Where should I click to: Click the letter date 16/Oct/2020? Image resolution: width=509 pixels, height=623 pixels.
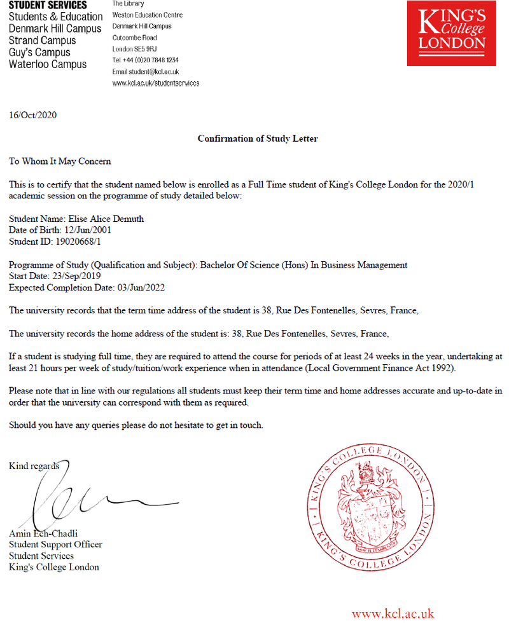pos(33,115)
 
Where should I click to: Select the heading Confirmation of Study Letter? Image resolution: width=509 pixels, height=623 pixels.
pos(257,138)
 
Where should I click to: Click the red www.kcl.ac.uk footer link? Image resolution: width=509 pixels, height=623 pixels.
pos(393,613)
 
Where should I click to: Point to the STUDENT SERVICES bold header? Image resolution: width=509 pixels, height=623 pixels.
pos(48,5)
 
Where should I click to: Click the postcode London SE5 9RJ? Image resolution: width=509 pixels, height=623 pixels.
pos(134,49)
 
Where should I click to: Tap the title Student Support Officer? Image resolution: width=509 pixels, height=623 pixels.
pos(55,544)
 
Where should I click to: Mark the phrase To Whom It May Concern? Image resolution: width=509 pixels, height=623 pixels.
pos(60,161)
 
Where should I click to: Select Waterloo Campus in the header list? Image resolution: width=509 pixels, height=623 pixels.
pos(48,64)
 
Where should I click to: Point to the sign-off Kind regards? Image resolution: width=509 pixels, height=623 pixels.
pos(34,467)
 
